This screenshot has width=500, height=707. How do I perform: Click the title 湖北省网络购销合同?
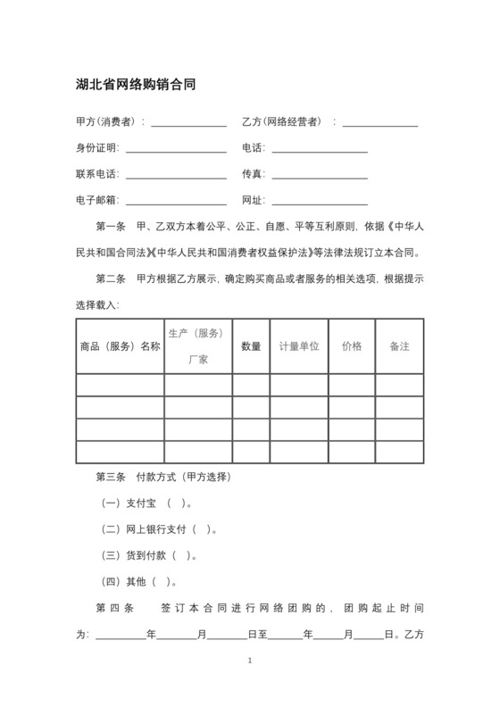tap(135, 85)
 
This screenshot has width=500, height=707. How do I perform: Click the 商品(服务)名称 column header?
tap(120, 346)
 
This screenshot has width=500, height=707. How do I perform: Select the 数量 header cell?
tap(251, 346)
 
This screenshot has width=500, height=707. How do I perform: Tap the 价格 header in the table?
tap(352, 346)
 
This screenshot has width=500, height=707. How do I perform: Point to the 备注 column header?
tap(399, 346)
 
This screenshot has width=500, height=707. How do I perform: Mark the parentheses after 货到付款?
tap(181, 556)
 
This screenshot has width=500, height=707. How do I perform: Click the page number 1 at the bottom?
tap(250, 661)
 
